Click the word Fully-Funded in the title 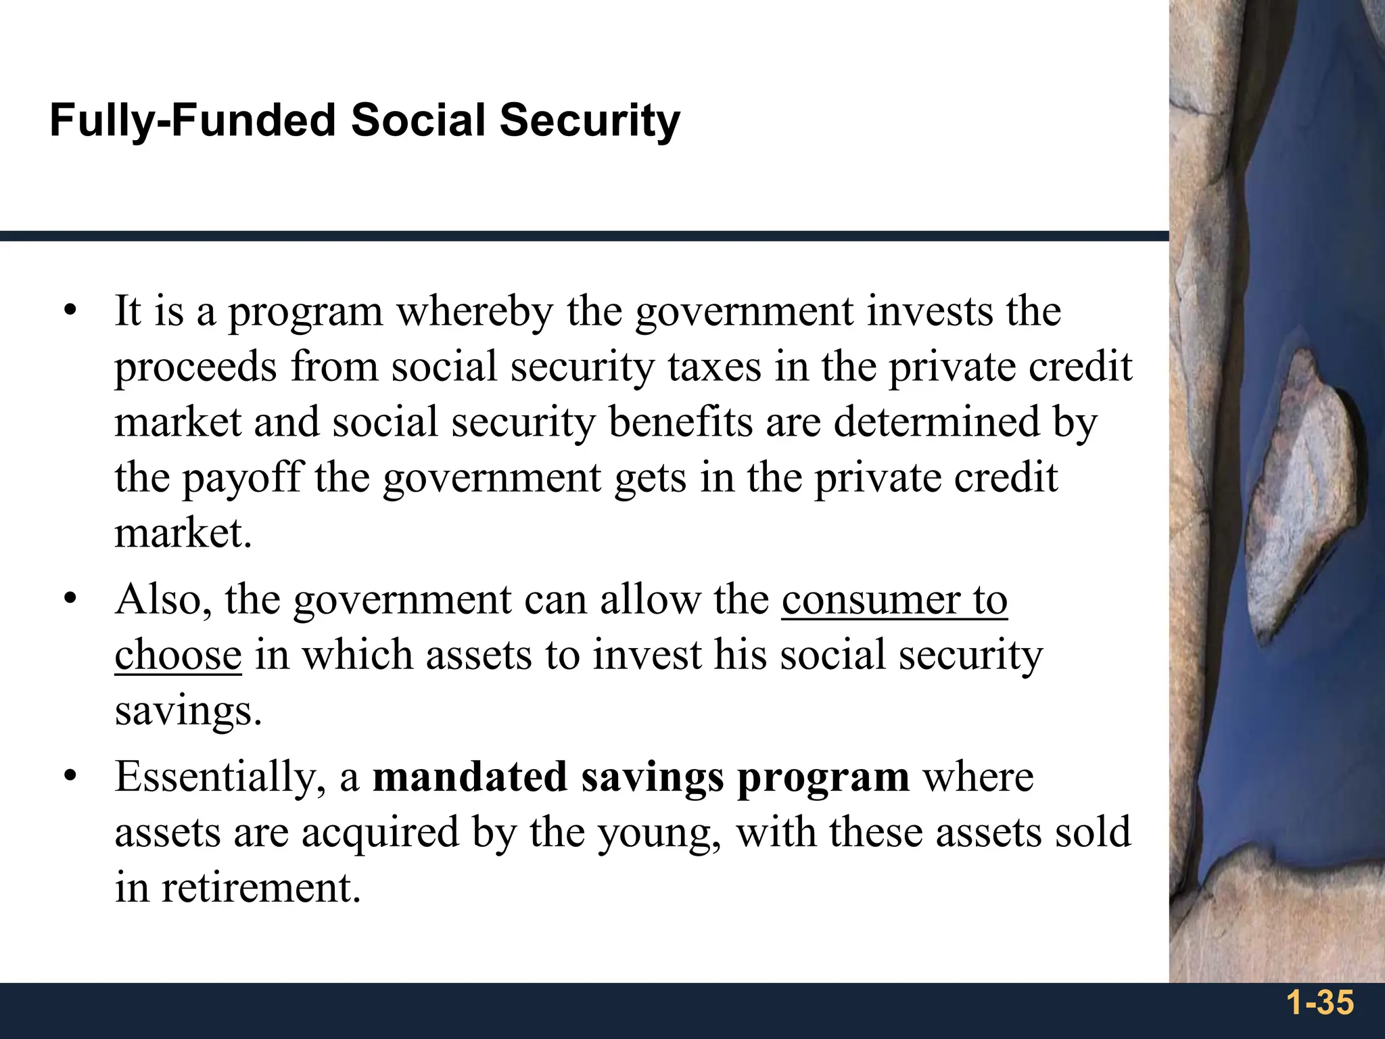[x=193, y=122]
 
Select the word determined [x=936, y=423]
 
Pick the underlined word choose [x=178, y=656]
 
